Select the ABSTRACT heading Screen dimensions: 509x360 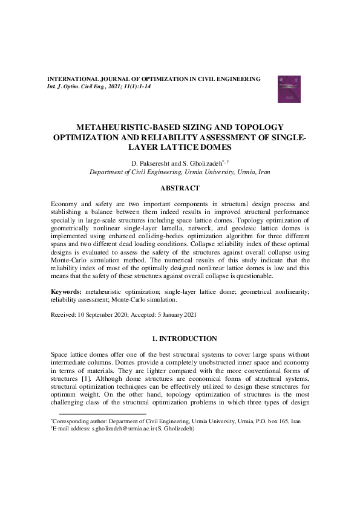[x=180, y=188]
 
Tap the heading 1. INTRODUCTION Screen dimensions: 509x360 [x=180, y=339]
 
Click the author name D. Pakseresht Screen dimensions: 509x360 [x=149, y=163]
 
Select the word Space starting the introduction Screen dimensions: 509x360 [x=61, y=354]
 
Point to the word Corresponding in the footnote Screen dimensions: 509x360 [x=71, y=420]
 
